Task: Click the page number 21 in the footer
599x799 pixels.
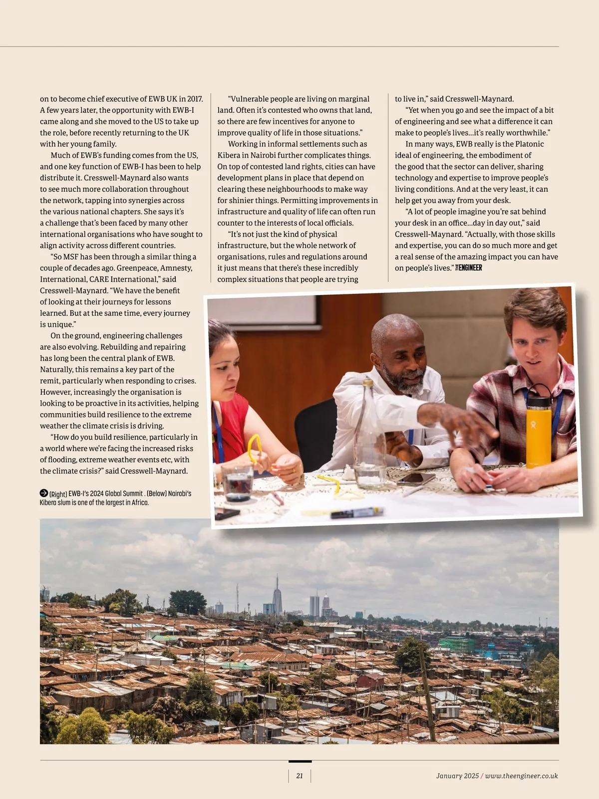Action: (x=299, y=776)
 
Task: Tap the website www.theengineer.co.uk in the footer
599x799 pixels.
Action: (x=521, y=776)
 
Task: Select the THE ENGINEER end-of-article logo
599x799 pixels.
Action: (x=469, y=268)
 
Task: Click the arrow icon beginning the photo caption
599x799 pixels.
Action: (x=44, y=493)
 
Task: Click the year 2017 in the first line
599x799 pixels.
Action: (x=195, y=99)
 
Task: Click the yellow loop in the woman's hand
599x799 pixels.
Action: (x=255, y=448)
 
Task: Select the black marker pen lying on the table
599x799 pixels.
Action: (x=356, y=513)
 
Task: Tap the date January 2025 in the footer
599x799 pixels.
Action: (x=457, y=776)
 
